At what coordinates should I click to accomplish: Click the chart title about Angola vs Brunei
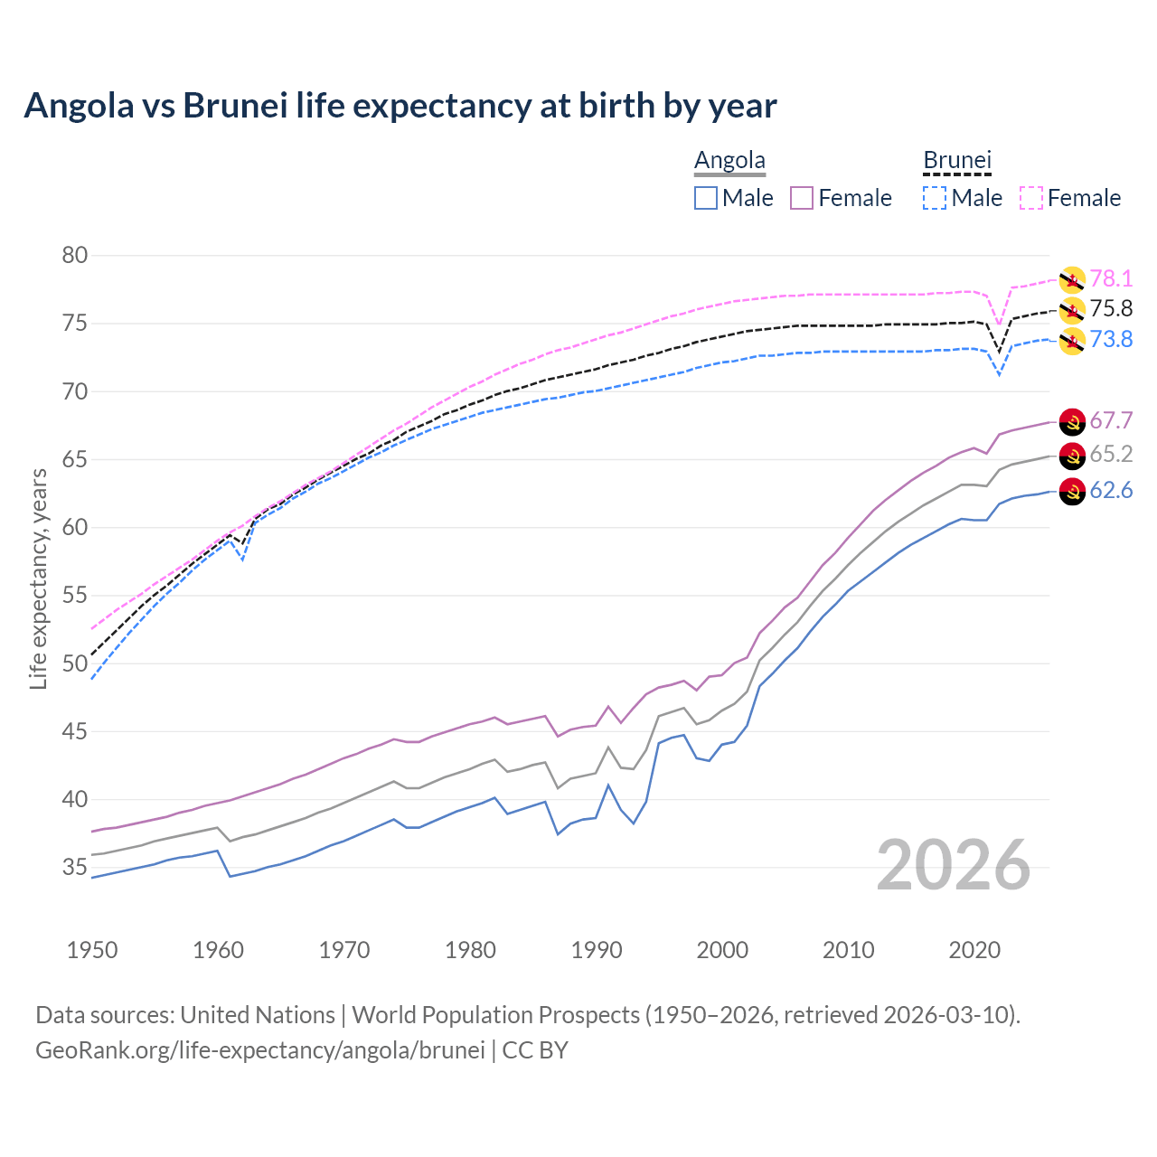point(400,106)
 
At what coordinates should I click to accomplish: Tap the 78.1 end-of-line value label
point(1111,278)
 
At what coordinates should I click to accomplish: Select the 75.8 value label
point(1111,309)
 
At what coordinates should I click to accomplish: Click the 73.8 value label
point(1111,340)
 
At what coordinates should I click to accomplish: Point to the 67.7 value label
point(1111,421)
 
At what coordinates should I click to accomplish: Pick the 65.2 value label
point(1111,454)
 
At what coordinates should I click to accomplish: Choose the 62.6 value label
point(1111,491)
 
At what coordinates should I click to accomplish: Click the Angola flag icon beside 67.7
point(1072,421)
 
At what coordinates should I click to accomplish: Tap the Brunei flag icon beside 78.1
point(1072,279)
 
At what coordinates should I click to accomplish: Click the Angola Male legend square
point(706,198)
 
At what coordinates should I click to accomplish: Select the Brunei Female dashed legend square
point(1031,198)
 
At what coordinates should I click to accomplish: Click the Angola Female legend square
point(802,198)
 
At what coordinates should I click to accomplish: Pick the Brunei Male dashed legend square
point(935,198)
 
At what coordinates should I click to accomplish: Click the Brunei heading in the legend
point(957,161)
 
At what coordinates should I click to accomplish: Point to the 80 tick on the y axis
point(75,256)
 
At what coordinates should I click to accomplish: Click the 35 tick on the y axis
point(75,868)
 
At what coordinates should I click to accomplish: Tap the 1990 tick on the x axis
point(597,950)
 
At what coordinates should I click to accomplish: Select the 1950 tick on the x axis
point(92,950)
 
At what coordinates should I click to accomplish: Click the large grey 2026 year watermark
point(954,866)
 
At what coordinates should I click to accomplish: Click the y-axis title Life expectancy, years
point(38,578)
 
